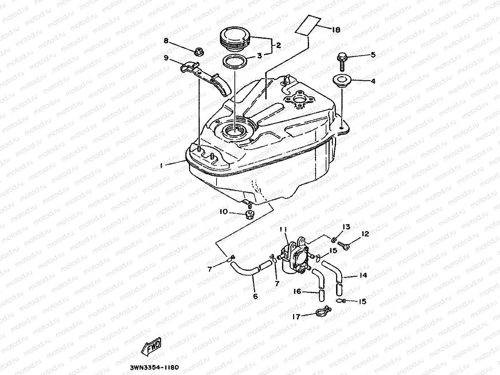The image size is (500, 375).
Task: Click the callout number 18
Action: (336, 30)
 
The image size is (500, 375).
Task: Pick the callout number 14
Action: (363, 276)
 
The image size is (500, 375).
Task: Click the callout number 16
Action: (297, 292)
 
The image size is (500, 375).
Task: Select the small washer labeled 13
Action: (334, 239)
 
